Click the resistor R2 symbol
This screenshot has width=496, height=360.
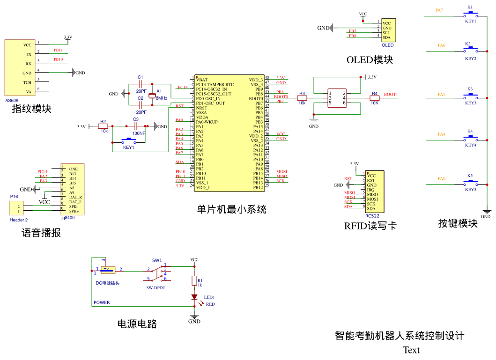[103, 126]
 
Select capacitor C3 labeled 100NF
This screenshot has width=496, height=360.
[136, 126]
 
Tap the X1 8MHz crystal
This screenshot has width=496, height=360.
[152, 96]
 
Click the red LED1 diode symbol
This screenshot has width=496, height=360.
[194, 297]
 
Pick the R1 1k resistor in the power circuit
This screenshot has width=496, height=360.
[194, 281]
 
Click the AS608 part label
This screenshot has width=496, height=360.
[12, 100]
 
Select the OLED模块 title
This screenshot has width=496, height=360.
[370, 60]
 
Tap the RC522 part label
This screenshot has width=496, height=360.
[372, 216]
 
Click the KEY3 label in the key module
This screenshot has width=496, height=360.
[470, 103]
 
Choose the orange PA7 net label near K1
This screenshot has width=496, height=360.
[439, 10]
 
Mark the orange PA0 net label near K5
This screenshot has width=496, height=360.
[442, 179]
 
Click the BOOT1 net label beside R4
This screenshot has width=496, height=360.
[391, 95]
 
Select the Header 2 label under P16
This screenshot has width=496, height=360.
[19, 220]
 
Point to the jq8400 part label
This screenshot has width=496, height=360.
[68, 218]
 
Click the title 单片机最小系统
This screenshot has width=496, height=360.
[231, 209]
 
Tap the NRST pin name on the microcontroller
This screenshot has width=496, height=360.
[201, 108]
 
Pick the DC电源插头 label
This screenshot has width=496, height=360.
[107, 283]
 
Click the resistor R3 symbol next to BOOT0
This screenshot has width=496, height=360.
[302, 98]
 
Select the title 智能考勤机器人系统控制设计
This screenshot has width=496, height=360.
[400, 336]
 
